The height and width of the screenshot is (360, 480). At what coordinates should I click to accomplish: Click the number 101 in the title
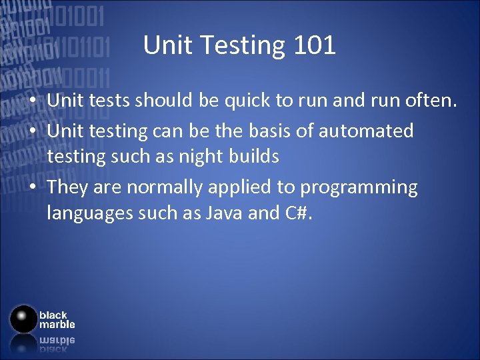(x=313, y=45)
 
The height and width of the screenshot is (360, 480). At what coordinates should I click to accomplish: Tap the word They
(x=68, y=187)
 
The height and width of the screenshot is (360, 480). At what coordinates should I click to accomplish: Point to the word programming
(x=359, y=188)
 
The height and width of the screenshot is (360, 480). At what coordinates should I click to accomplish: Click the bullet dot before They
(x=33, y=188)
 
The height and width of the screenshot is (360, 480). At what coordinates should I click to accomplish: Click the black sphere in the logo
(x=23, y=319)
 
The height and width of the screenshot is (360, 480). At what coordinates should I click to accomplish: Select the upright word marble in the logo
(x=57, y=325)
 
